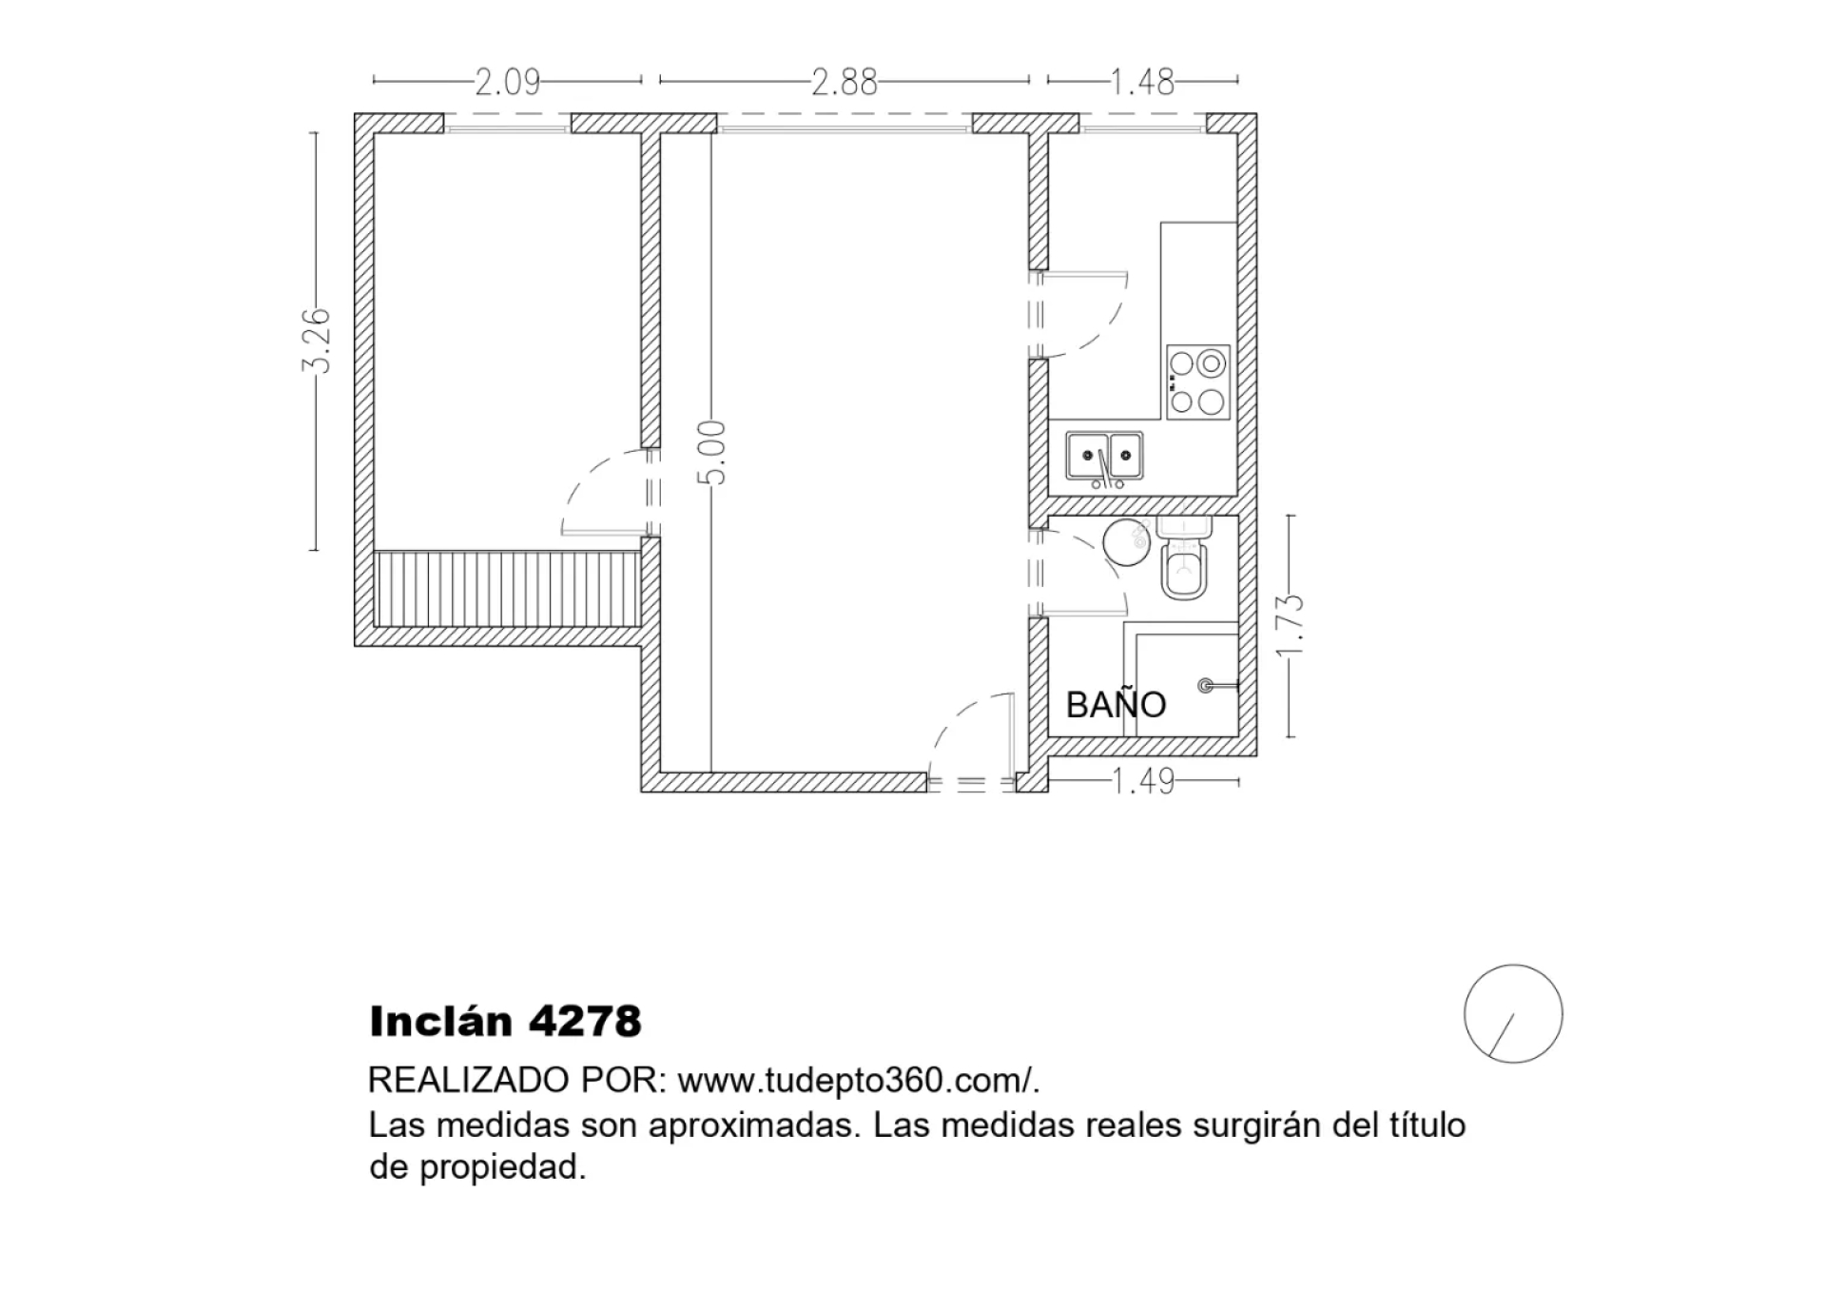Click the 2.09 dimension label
(x=508, y=83)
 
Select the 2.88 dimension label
(x=845, y=83)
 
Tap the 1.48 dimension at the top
(x=1142, y=83)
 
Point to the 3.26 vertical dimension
(x=316, y=341)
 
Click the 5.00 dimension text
(x=712, y=453)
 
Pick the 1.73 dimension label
(x=1290, y=625)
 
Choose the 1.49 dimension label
(x=1143, y=782)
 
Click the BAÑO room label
(x=1116, y=705)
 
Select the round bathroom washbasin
(x=1127, y=542)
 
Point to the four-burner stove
(x=1198, y=381)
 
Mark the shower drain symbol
(x=1206, y=685)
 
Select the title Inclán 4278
(x=506, y=1022)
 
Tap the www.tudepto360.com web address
(x=853, y=1081)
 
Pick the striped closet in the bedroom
(x=508, y=588)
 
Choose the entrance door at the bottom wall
(x=972, y=742)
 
